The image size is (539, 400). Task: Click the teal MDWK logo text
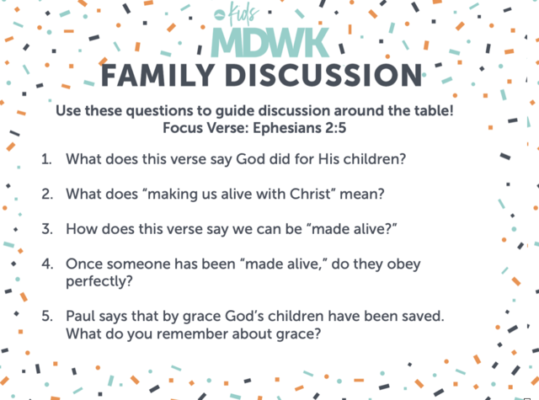point(270,43)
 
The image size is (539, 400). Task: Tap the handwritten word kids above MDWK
point(243,13)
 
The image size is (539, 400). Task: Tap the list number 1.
point(46,159)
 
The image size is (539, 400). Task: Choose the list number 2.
point(47,195)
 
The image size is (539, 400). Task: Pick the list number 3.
point(47,229)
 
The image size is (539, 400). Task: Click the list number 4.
point(47,264)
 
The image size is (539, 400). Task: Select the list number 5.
point(47,316)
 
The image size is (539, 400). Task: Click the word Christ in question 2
point(310,194)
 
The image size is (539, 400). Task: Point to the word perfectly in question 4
point(99,281)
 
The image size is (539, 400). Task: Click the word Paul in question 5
point(81,316)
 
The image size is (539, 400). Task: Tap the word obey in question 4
point(404,264)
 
